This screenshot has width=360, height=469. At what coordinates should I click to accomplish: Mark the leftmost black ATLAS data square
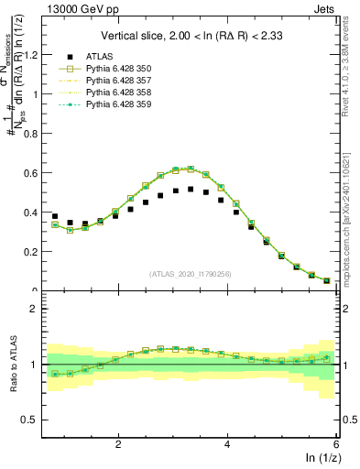(55, 216)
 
